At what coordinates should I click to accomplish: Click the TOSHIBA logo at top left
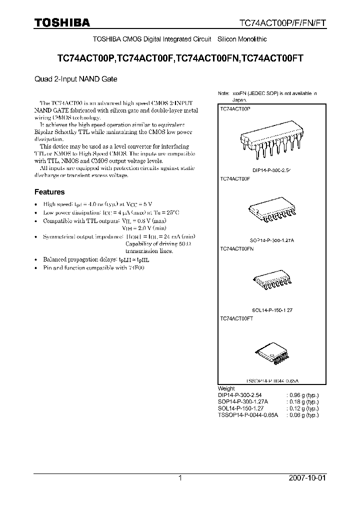[x=62, y=22]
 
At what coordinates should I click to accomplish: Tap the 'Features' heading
[x=49, y=191]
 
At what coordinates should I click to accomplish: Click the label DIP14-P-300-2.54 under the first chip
[x=271, y=170]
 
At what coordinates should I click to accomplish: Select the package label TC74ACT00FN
[x=237, y=248]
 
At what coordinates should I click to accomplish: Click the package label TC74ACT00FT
[x=236, y=318]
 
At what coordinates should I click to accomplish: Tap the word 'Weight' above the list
[x=226, y=388]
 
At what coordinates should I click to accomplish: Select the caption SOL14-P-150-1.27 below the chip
[x=272, y=310]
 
